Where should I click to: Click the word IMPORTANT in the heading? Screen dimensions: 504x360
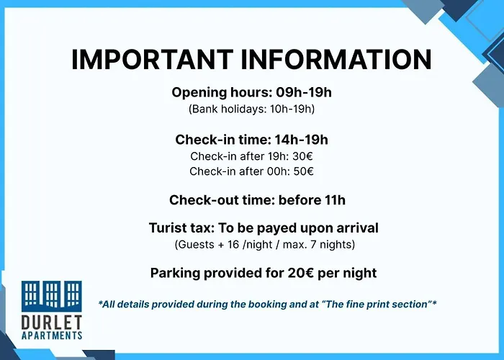pos(152,59)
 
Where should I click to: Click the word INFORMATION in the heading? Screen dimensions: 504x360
pos(336,59)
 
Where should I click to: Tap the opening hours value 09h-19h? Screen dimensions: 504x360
pos(304,93)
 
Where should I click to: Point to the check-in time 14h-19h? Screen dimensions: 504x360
pos(301,140)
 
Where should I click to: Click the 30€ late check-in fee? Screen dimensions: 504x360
pos(302,156)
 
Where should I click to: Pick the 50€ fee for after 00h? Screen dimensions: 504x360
pos(303,171)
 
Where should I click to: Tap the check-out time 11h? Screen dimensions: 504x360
pos(336,200)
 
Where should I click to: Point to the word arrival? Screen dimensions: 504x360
pos(357,228)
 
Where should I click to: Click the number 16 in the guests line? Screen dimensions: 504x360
pos(233,245)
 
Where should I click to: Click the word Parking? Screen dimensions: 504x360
pos(175,274)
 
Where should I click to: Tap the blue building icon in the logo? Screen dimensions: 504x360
pos(51,296)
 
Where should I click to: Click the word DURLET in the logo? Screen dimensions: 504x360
pos(51,323)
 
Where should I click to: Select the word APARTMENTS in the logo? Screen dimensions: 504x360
pos(51,336)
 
